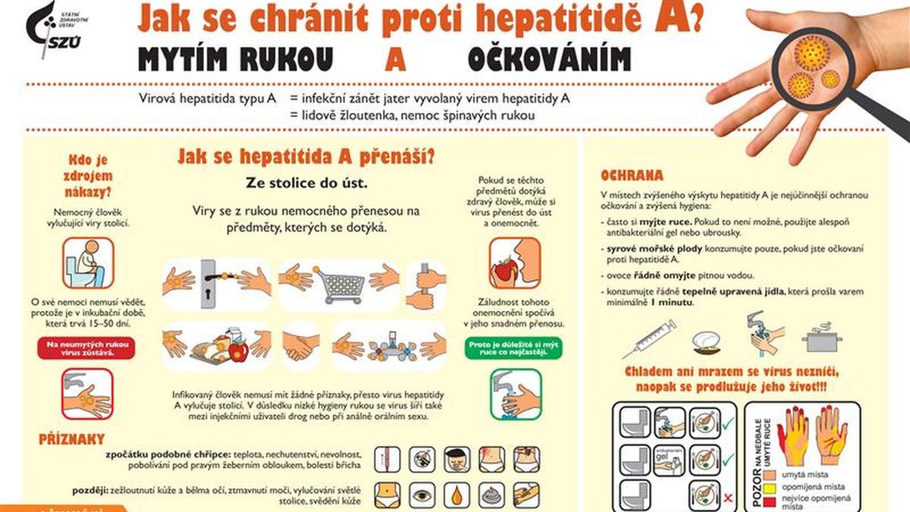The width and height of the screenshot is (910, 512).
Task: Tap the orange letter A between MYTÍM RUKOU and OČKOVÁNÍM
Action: pos(395,59)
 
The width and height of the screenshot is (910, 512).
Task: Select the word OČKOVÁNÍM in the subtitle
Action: pos(549,59)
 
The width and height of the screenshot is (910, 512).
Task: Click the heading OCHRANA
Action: pos(631,175)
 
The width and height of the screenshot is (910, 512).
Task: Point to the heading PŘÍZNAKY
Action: pos(71,439)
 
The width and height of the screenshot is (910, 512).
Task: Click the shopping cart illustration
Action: pos(340,285)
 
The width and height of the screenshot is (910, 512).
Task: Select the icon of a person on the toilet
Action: pos(87,263)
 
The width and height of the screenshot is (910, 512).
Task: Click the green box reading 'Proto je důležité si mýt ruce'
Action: pos(516,348)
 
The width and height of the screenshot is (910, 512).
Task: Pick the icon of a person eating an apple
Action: pos(515,263)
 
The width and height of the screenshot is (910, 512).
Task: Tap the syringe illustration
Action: pos(649,338)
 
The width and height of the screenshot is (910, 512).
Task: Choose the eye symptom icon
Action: pos(422,495)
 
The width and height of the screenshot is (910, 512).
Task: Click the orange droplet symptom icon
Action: pos(457,495)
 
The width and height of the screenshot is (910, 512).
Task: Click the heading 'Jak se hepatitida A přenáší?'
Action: pos(306,156)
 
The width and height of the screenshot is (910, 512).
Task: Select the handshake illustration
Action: pos(301,347)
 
